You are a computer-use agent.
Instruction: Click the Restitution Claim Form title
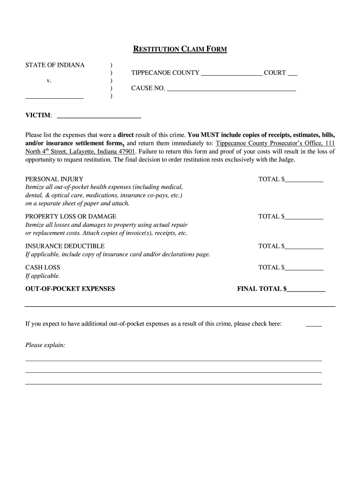coord(180,49)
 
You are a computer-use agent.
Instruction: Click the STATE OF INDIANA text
coord(55,65)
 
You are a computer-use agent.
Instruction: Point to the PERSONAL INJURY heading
coord(54,179)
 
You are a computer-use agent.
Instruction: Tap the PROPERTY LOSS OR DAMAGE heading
coord(71,217)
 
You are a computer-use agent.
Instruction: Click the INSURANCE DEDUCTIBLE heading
coord(65,246)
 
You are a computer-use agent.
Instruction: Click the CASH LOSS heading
coord(43,268)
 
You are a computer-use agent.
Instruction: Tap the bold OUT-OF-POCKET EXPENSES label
coord(70,289)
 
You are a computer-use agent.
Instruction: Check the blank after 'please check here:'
coord(314,324)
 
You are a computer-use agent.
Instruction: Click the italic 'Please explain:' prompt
coord(45,345)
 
